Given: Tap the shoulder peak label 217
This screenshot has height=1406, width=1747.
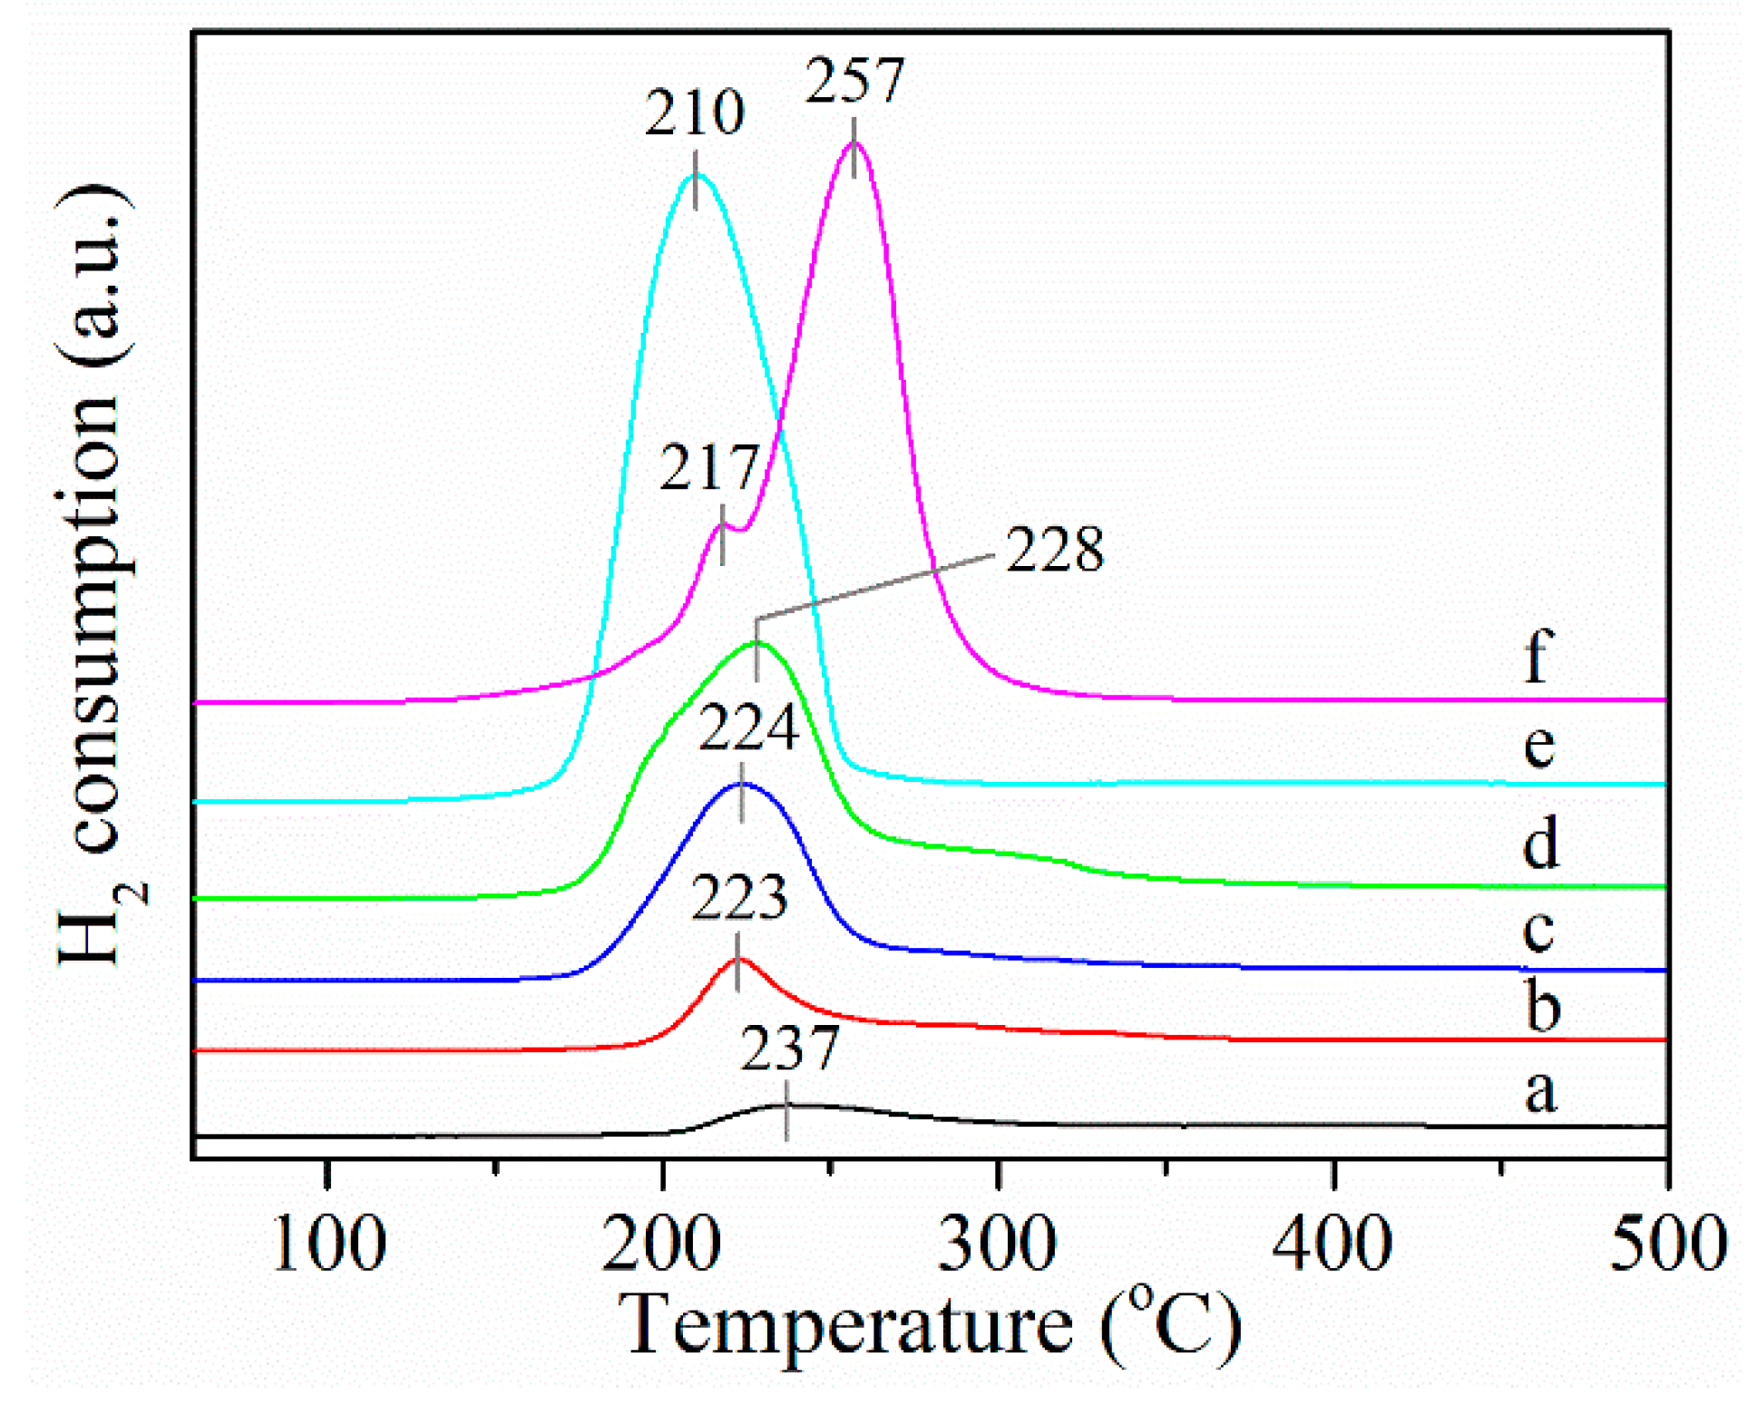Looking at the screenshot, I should click(709, 468).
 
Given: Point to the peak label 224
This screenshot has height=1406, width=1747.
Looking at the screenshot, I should click(747, 727).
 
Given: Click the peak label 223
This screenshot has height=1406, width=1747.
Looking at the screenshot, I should click(739, 898).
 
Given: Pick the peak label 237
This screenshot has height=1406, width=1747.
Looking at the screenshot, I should click(789, 1049).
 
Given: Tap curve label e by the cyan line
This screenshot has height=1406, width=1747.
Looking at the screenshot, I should click(1538, 746).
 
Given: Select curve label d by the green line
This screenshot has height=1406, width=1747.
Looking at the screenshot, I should click(1540, 842).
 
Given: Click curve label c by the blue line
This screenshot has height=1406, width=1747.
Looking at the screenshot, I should click(1538, 931).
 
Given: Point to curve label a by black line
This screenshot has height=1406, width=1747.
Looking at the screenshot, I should click(1540, 1090).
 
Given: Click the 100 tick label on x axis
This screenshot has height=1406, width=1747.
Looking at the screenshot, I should click(328, 1245).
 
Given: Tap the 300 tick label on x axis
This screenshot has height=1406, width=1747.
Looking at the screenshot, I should click(997, 1245).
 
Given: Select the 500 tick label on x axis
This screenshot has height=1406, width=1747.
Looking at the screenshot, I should click(1667, 1245).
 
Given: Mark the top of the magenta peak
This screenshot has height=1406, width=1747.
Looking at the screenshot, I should click(854, 142).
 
